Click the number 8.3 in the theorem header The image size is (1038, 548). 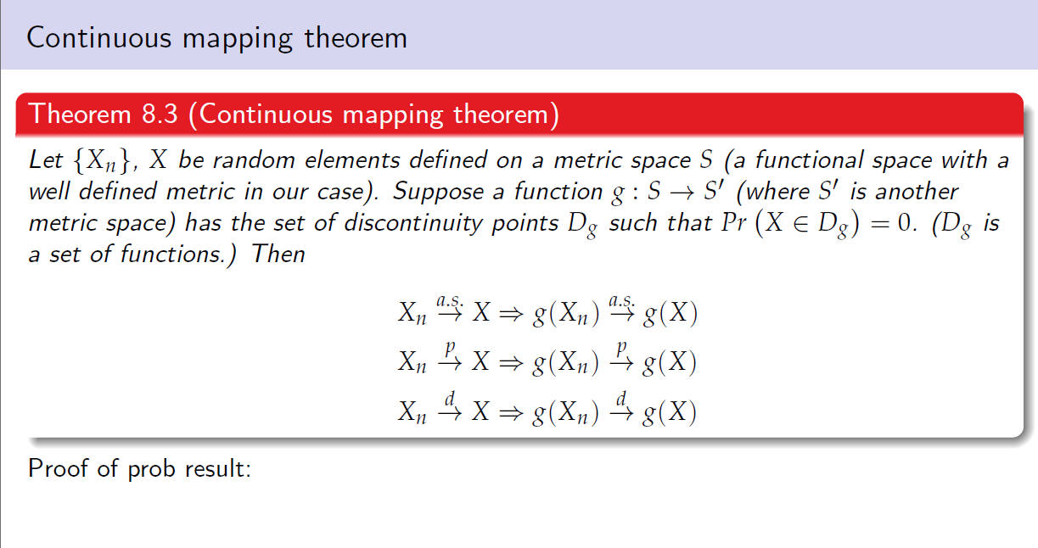coord(160,114)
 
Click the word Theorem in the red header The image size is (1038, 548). coord(80,114)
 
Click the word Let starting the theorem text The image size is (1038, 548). coord(46,160)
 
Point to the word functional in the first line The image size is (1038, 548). coord(809,160)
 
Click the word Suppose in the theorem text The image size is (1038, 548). coord(438,192)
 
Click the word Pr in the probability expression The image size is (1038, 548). coord(734,223)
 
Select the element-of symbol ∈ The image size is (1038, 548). coord(800,224)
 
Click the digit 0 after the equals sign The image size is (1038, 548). coord(904,223)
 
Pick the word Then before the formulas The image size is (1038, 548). coord(278,254)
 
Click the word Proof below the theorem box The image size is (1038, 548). coord(58,468)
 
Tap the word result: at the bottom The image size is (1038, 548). coord(218,468)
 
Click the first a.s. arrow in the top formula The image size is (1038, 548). coord(450,308)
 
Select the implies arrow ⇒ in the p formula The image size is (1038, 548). coord(511,363)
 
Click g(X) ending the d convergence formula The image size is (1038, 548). coord(669,412)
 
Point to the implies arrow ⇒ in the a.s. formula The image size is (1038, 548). coord(511,314)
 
